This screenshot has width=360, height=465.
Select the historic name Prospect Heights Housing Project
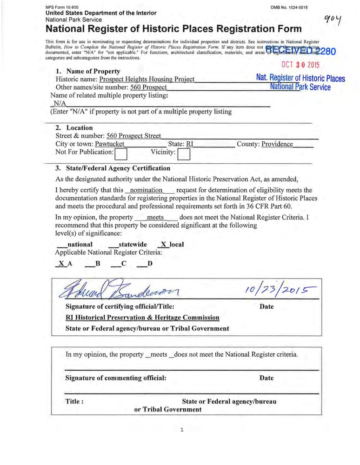150,80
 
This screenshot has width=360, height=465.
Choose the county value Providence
277,144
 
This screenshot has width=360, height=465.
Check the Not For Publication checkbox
121,153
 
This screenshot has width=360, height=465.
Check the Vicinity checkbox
184,153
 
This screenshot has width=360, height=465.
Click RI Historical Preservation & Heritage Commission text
142,318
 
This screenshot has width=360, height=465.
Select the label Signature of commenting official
116,378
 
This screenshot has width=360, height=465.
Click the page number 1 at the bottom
182,430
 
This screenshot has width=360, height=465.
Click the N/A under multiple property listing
60,103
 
